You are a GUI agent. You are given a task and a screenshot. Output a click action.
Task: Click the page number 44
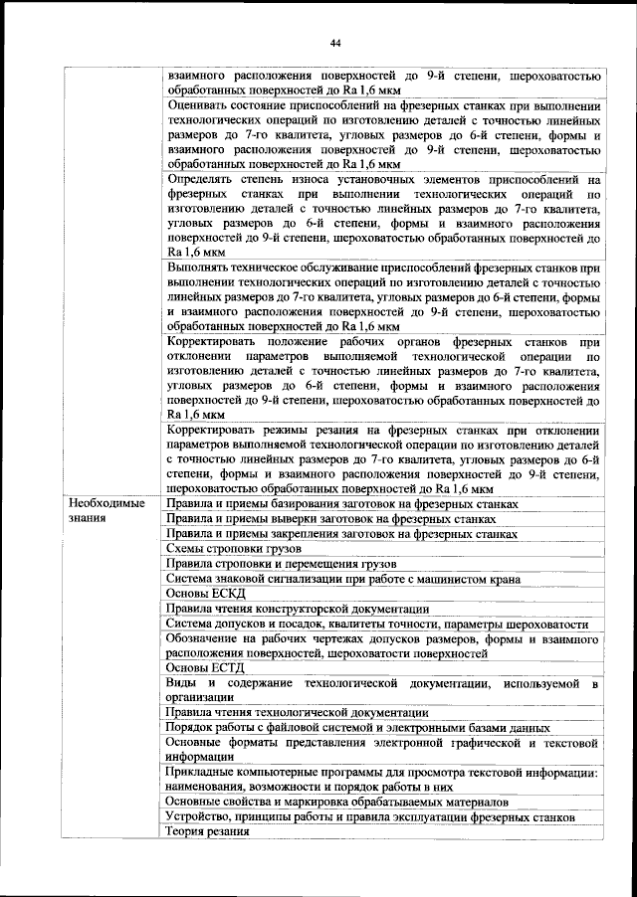[x=335, y=43]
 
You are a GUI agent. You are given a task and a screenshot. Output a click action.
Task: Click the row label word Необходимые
[x=106, y=504]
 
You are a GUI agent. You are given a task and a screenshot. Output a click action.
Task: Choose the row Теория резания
[x=210, y=831]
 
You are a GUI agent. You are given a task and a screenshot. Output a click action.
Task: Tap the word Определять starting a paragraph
[x=203, y=180]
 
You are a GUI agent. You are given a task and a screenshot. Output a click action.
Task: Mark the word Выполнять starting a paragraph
[x=202, y=269]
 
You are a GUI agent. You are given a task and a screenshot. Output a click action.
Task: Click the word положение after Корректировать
[x=301, y=342]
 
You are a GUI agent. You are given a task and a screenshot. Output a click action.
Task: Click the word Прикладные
[x=205, y=773]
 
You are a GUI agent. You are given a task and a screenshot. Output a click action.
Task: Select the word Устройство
[x=202, y=816]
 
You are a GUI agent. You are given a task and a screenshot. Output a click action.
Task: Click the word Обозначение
[x=207, y=638]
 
